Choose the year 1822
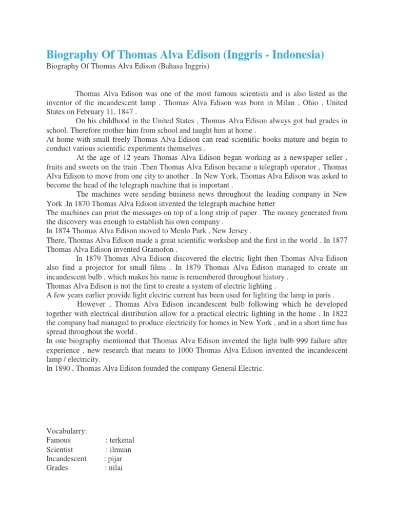point(338,313)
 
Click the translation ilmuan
point(122,449)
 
